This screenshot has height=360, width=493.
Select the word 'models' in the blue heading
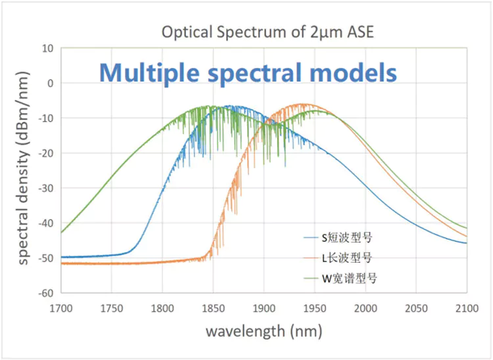(x=360, y=72)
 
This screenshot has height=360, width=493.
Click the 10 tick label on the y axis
(x=47, y=48)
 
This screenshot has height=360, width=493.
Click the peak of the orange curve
(x=302, y=104)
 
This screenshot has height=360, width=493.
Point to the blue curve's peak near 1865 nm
(x=229, y=106)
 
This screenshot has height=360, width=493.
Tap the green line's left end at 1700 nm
(x=61, y=233)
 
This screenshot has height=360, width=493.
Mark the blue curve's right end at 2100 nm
(x=467, y=243)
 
